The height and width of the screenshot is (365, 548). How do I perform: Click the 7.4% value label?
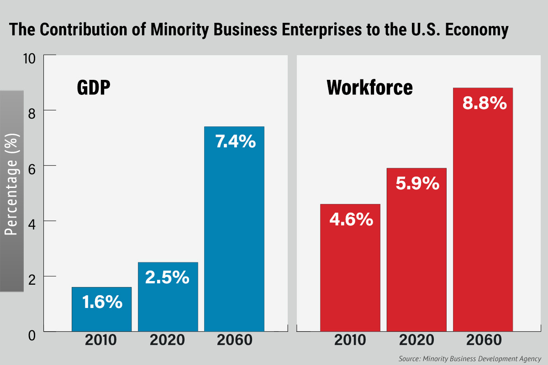pyautogui.click(x=235, y=142)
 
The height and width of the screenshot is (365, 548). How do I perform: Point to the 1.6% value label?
pyautogui.click(x=102, y=302)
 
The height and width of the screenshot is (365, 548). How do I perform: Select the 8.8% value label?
pyautogui.click(x=485, y=103)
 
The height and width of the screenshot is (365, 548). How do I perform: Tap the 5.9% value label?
pyautogui.click(x=417, y=183)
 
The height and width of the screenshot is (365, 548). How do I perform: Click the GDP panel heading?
pyautogui.click(x=94, y=88)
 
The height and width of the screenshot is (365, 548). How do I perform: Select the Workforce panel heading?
pyautogui.click(x=369, y=87)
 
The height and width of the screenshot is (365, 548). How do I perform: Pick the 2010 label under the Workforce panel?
pyautogui.click(x=350, y=340)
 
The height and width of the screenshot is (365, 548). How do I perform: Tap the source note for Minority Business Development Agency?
pyautogui.click(x=469, y=359)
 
